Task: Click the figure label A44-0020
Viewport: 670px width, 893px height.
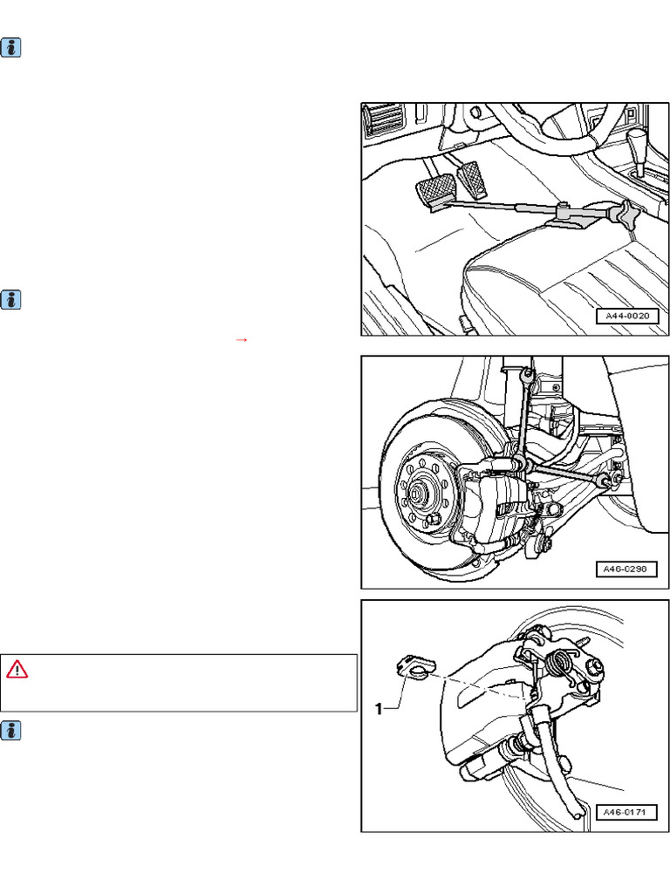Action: [626, 316]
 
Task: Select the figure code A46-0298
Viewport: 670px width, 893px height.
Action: [626, 569]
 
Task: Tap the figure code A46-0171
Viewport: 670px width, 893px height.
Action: [626, 812]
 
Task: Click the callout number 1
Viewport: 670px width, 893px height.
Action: [379, 708]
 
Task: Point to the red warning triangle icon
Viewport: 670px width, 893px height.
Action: [17, 670]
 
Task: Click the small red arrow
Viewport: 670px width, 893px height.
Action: [241, 340]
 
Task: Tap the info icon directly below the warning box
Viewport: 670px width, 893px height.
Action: [10, 731]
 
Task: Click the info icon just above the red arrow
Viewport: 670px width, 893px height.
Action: [10, 300]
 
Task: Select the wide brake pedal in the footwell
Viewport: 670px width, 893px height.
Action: [436, 190]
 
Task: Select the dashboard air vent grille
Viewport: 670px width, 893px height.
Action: [385, 119]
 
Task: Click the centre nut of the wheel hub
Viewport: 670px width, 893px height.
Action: [417, 490]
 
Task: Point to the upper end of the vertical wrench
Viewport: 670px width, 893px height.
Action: [528, 374]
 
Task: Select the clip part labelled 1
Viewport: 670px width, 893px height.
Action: [414, 666]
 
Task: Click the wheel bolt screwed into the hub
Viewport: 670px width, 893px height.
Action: [434, 520]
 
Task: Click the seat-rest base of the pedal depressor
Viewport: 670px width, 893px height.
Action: [570, 219]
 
